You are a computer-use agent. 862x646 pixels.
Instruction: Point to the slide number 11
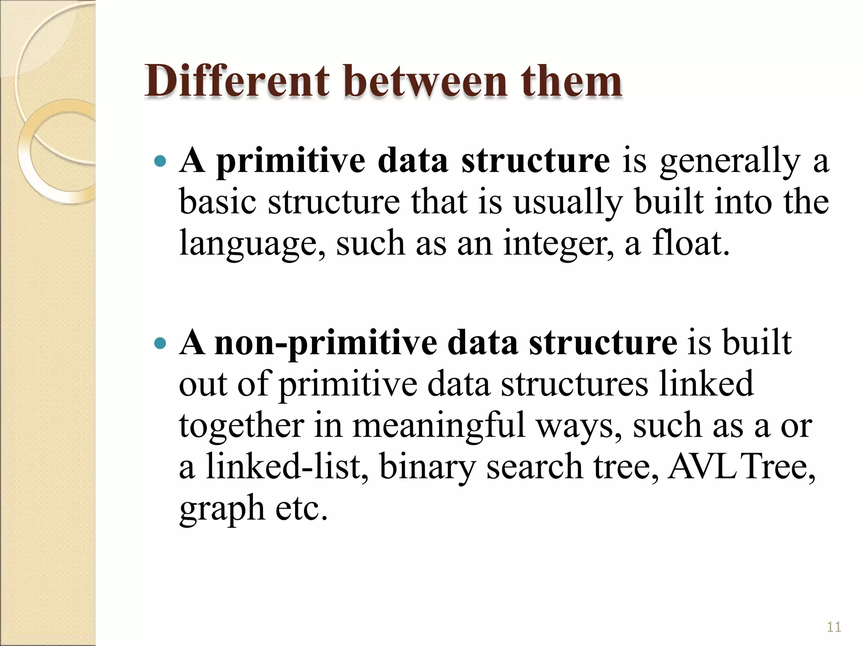(x=834, y=627)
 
